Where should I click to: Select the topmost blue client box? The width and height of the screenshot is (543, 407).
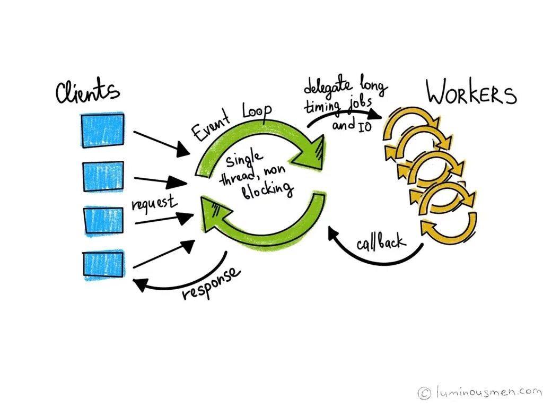102,130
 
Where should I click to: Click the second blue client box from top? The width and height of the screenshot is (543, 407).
103,176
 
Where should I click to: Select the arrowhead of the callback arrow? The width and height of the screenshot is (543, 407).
332,231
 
